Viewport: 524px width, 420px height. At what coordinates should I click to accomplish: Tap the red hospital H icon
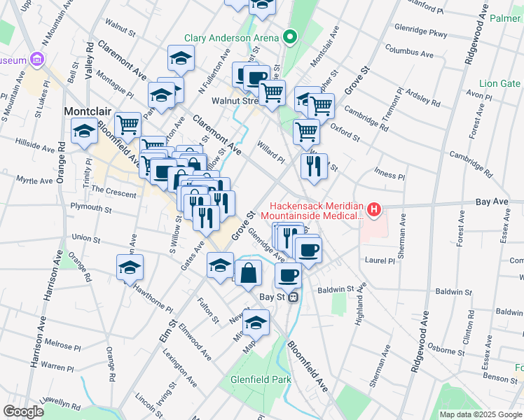click(x=374, y=209)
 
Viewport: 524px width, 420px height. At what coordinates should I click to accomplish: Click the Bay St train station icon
click(x=294, y=297)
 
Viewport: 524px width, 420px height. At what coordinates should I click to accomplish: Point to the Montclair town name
click(x=88, y=111)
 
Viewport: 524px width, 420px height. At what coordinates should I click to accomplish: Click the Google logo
click(x=23, y=412)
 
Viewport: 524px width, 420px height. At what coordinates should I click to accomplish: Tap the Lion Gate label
click(x=500, y=83)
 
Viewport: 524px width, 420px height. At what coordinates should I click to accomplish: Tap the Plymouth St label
click(x=92, y=207)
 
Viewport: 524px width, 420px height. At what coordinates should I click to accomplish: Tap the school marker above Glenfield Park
click(x=256, y=322)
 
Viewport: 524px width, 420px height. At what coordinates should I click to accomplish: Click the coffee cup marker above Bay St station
click(x=288, y=275)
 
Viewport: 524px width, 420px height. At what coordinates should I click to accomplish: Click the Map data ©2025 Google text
click(x=481, y=414)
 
